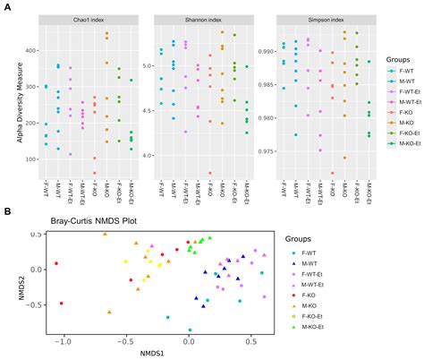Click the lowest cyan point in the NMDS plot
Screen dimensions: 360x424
(190, 330)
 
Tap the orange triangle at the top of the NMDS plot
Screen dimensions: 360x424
(105, 234)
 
